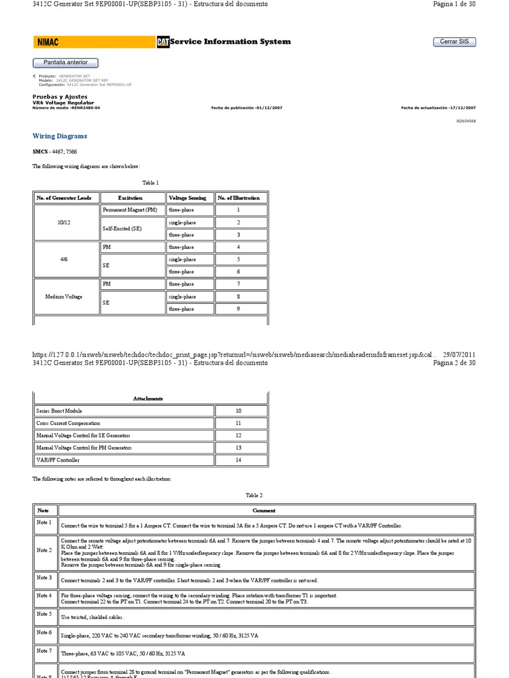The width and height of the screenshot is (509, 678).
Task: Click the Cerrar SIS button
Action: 454,42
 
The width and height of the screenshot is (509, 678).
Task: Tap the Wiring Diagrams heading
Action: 60,136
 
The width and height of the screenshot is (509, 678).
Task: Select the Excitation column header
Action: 130,197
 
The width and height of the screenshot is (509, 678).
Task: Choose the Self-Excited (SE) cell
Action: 123,228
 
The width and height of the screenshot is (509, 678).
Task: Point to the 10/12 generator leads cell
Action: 65,222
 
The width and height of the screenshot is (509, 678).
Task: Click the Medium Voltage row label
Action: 65,297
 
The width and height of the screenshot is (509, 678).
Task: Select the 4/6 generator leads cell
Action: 65,260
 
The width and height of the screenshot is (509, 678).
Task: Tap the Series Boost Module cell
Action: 60,411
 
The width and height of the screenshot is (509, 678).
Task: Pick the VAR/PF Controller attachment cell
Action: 59,460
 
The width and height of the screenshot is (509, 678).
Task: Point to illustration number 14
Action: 239,460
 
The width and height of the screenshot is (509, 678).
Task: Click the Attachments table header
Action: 148,399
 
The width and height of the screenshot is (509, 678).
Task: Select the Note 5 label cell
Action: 44,615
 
